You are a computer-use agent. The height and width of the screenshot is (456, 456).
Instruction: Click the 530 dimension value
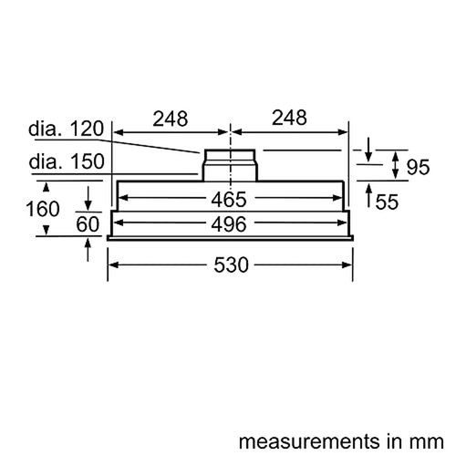pyautogui.click(x=230, y=265)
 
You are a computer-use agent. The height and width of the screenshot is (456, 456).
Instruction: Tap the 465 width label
pyautogui.click(x=230, y=199)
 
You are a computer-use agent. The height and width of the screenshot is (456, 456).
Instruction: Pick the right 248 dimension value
pyautogui.click(x=289, y=119)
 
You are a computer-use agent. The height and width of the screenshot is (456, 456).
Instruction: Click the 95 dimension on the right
pyautogui.click(x=417, y=167)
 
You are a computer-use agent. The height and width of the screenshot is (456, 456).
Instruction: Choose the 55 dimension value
pyautogui.click(x=387, y=202)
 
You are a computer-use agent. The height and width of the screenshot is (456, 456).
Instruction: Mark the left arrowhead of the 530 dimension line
pyautogui.click(x=113, y=265)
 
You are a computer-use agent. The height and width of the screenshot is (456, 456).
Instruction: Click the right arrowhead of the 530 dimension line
pyautogui.click(x=349, y=265)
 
